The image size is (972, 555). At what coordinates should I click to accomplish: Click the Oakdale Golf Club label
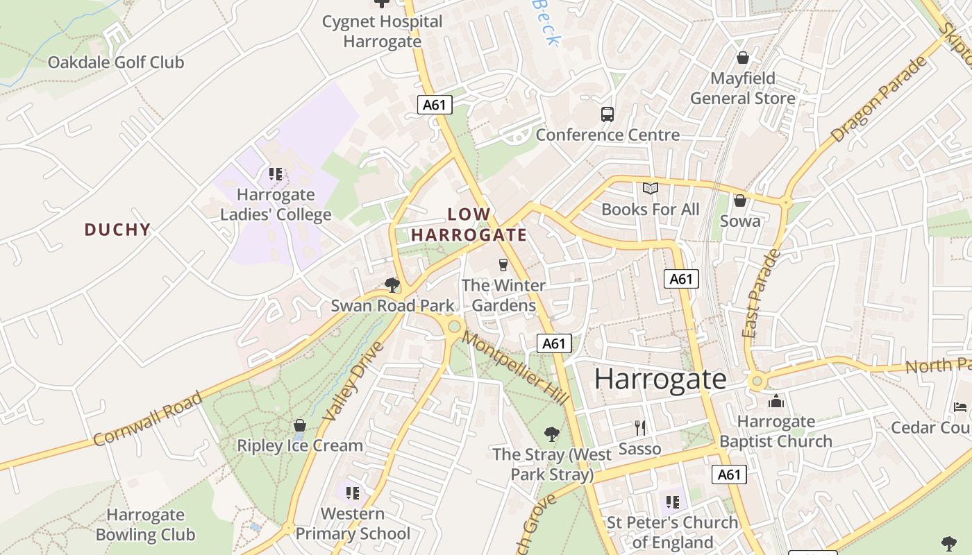tap(116, 62)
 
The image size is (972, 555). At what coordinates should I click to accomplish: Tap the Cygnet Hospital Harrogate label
tap(382, 31)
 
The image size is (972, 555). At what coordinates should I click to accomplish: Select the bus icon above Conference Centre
tap(607, 114)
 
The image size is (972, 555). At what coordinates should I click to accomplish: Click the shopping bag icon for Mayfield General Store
tap(743, 58)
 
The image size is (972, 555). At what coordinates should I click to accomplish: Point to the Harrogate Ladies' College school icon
tap(276, 174)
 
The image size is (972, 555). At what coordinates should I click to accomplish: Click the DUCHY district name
tap(117, 230)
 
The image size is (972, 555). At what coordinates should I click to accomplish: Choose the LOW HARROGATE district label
tap(469, 225)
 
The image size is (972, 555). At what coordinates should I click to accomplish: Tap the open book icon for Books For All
tap(651, 189)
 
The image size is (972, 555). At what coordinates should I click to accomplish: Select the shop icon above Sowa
tap(740, 200)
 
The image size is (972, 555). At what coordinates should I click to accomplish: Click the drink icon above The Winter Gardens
tap(503, 264)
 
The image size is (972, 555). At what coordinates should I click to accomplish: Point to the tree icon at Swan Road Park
tap(392, 284)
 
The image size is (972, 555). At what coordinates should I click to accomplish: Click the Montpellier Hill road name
tap(516, 368)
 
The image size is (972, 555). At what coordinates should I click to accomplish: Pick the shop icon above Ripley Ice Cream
tap(300, 425)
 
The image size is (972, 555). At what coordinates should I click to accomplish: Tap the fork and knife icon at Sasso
tap(640, 428)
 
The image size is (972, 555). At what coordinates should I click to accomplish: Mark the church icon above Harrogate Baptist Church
tap(776, 401)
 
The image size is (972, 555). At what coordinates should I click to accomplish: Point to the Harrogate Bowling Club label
tap(145, 525)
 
